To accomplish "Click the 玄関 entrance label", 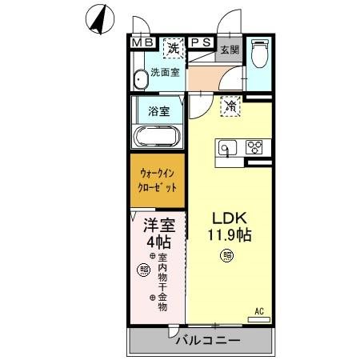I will [x=230, y=49].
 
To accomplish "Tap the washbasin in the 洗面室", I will [x=141, y=78].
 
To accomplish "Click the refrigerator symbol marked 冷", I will [x=231, y=105].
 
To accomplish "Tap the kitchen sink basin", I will [x=226, y=147].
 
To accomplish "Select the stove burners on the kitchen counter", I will [x=255, y=147].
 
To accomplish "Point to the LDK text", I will [x=226, y=218].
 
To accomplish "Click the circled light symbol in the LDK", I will [x=226, y=256].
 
